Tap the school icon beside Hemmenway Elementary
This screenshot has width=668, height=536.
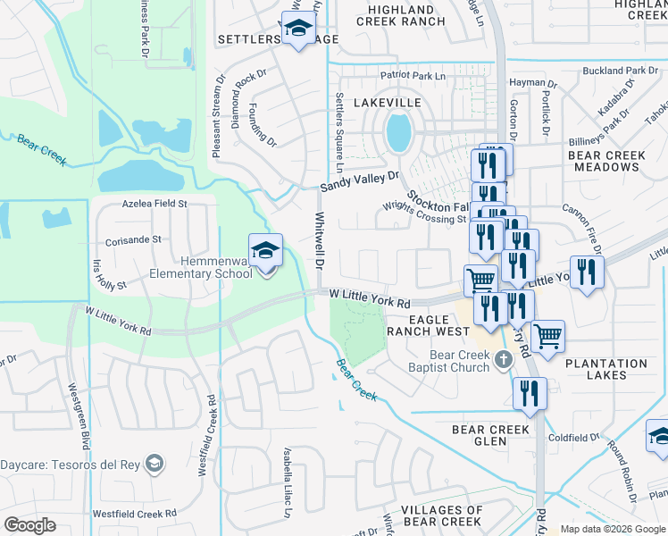point(265,252)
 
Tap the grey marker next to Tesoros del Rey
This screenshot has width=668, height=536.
point(155,463)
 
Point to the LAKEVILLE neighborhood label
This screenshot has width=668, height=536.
point(387,104)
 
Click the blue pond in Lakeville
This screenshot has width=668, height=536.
point(398,134)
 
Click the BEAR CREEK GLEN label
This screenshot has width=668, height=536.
point(491,435)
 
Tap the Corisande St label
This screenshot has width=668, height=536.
point(133,240)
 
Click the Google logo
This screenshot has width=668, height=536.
point(29,525)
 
